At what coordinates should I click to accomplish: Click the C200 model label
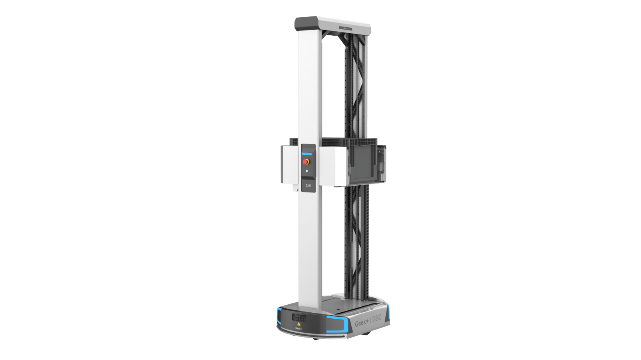click(x=308, y=186)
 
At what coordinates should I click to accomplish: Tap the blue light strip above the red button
click(x=307, y=154)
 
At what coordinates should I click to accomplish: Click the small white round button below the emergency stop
click(x=307, y=171)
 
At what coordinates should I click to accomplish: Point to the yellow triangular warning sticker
click(x=298, y=324)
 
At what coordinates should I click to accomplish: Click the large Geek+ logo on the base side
click(x=362, y=323)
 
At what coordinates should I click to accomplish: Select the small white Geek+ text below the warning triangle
click(x=298, y=328)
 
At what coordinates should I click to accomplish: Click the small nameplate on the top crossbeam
click(x=345, y=28)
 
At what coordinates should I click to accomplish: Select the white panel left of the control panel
click(x=290, y=164)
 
